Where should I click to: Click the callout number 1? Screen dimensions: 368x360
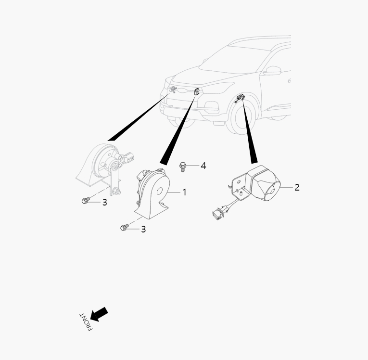point(184,193)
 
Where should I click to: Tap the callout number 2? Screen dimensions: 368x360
point(297,187)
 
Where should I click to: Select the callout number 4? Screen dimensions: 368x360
point(203,166)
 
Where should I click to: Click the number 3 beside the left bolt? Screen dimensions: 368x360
point(105,202)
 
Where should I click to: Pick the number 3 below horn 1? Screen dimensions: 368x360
point(143,229)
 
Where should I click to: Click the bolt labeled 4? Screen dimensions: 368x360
point(182,167)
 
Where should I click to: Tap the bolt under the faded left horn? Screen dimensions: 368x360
point(86,201)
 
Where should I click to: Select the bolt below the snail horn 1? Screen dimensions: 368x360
point(125,227)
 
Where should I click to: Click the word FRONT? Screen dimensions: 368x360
point(86,322)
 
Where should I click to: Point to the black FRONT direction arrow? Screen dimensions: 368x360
point(99,314)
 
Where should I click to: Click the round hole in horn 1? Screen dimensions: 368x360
point(159,191)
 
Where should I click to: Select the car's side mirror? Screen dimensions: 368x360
point(272,70)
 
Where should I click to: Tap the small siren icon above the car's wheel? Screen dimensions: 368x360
point(240,98)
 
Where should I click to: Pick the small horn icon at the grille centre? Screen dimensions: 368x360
point(197,91)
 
